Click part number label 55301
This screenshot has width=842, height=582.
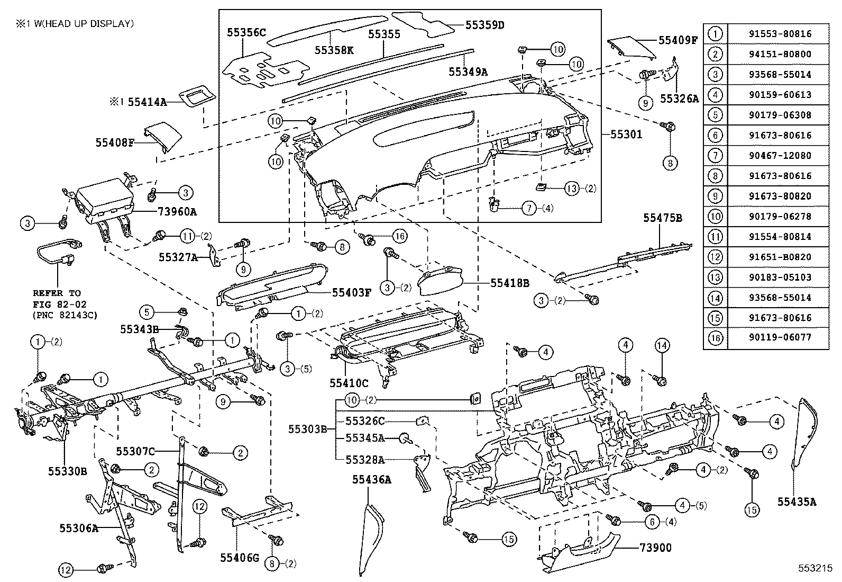point(626,135)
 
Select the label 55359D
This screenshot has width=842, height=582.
point(485,24)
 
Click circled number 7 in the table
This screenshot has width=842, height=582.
point(715,156)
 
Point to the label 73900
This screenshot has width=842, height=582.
point(656,547)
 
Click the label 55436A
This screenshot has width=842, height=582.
point(372,480)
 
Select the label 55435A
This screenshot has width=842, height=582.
point(797,501)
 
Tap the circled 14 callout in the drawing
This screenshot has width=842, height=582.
point(662,346)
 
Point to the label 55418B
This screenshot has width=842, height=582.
point(509,283)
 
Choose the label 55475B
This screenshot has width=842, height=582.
point(662,218)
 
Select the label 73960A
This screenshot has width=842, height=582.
point(177,212)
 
